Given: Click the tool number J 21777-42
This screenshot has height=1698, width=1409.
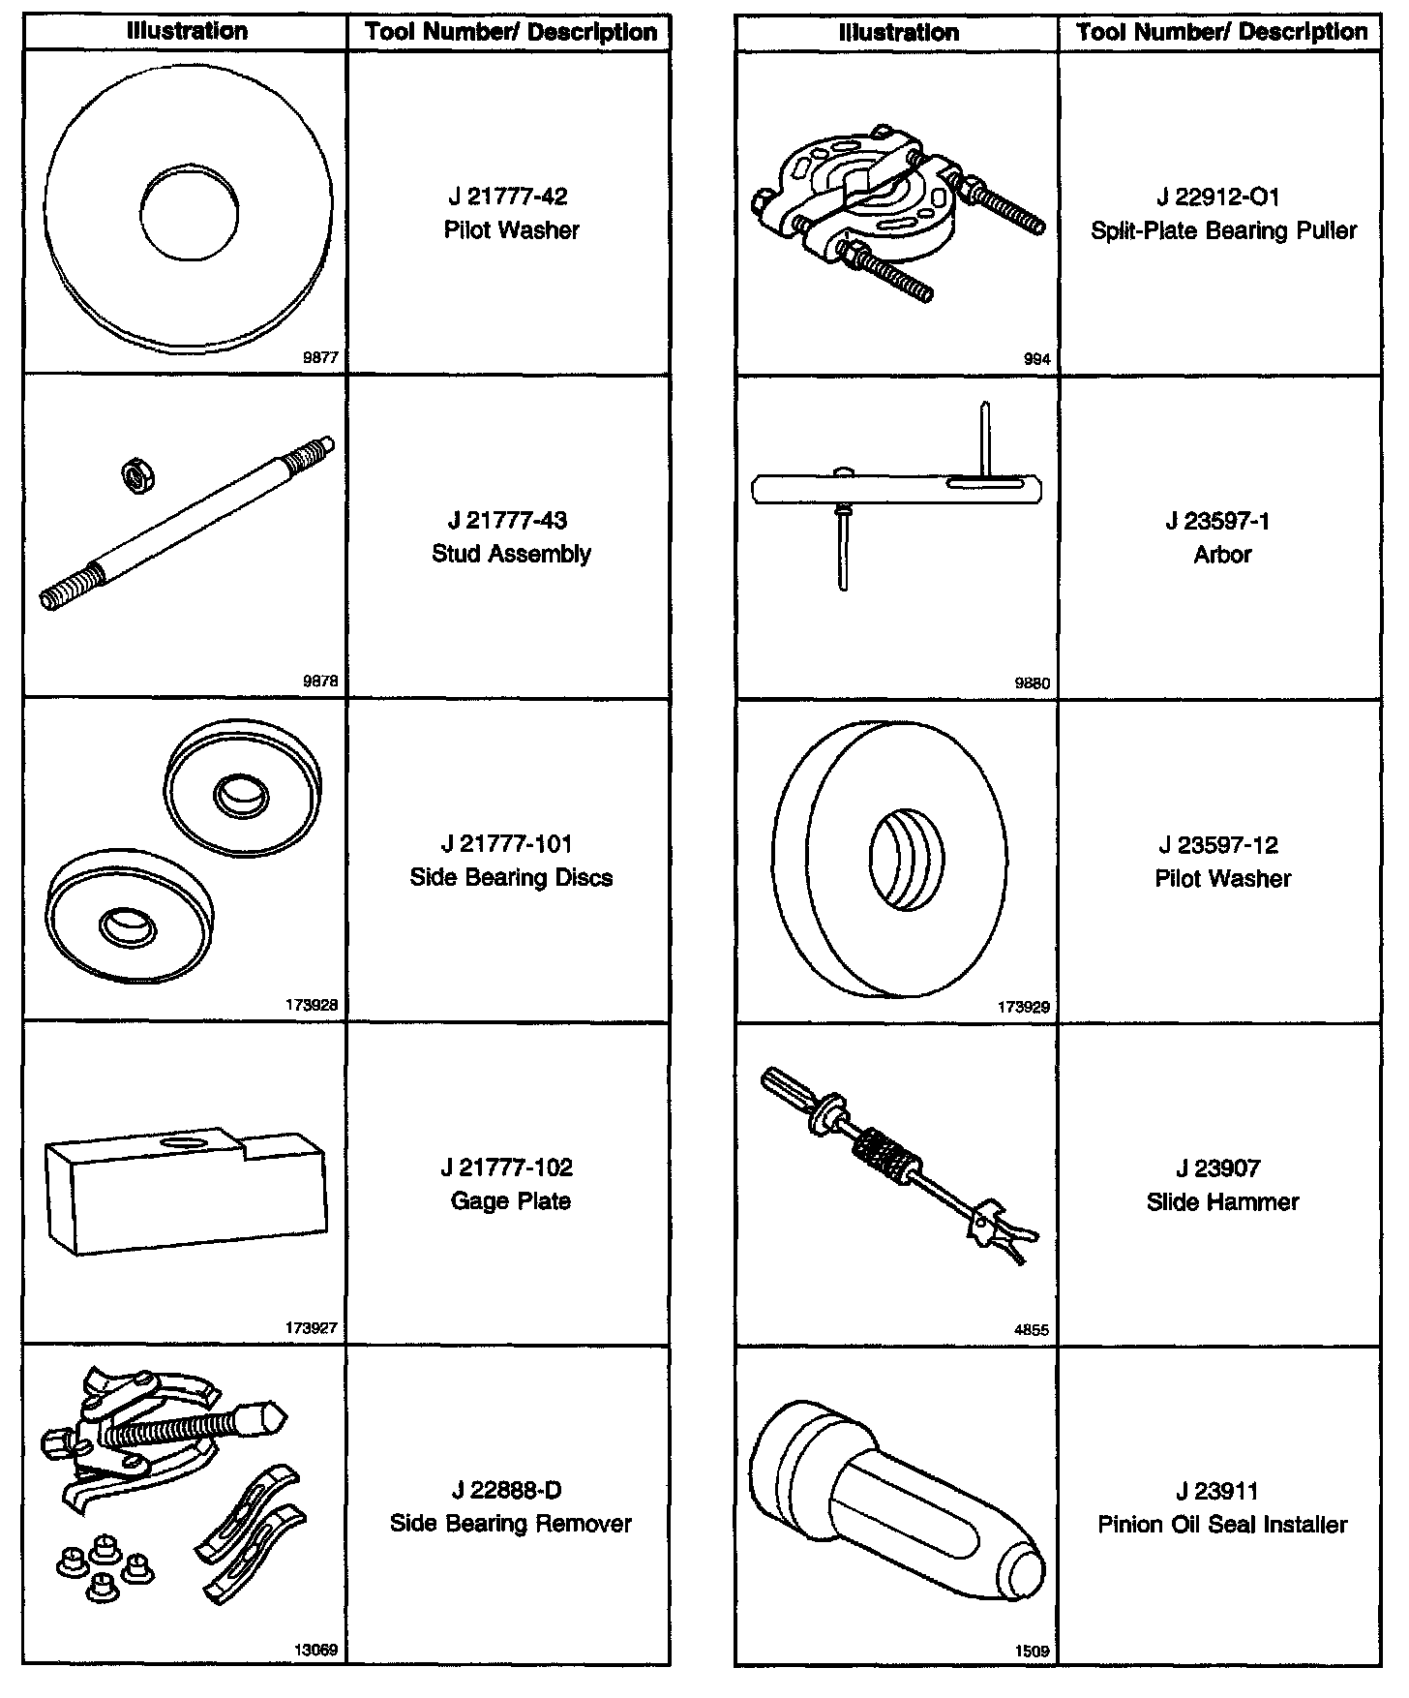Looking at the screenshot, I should tap(510, 197).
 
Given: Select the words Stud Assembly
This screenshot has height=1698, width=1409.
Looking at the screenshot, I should tap(510, 554).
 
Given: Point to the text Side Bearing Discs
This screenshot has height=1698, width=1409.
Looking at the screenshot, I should tap(510, 878).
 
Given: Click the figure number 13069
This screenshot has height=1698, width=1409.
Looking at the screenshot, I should tap(316, 1651).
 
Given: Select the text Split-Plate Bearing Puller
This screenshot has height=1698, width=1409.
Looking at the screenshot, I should tap(1223, 230).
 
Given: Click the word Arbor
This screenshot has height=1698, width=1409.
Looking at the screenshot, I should tap(1222, 555).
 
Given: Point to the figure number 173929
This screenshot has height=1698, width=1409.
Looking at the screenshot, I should tap(1024, 1007).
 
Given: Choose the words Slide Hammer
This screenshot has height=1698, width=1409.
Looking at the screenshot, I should tap(1222, 1202).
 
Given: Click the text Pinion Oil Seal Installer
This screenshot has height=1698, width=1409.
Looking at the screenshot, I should tap(1222, 1525).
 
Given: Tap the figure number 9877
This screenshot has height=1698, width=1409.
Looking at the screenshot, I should tap(320, 358).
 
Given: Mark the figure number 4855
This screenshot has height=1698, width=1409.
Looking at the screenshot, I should tap(1031, 1330).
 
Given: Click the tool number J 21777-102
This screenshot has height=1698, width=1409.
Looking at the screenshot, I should tap(510, 1167).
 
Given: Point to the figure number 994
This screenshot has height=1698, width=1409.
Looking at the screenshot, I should tap(1036, 359).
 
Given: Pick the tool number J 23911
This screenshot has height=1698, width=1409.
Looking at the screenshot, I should tap(1222, 1492).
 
